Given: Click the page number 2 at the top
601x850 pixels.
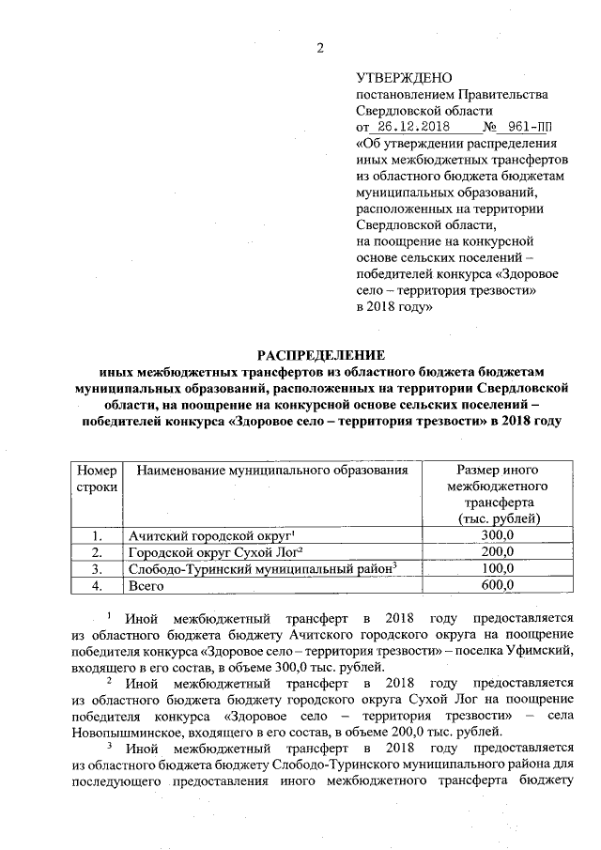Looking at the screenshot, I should pos(319,48).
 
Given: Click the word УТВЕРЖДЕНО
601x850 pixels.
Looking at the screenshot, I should pos(404,77).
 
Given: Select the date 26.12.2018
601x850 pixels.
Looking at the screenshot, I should pos(408,126).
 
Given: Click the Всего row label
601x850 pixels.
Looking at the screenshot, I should pos(146,585).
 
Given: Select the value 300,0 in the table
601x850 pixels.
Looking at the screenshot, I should pos(495,535).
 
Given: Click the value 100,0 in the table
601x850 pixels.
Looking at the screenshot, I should pos(495,568).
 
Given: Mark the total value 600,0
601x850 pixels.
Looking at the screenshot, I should pos(495,585).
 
